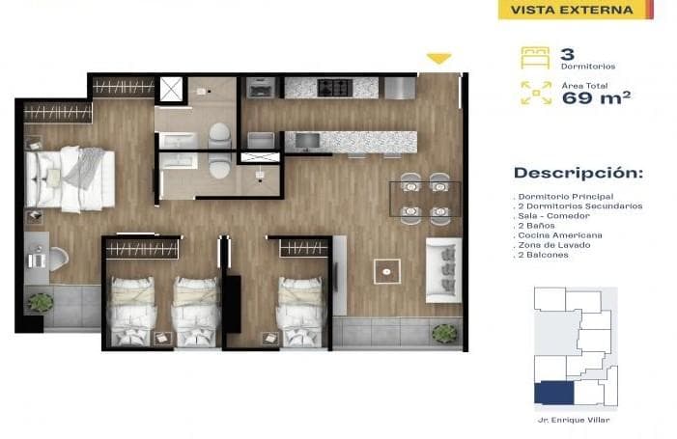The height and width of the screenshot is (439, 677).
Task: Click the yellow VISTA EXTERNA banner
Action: (573, 11)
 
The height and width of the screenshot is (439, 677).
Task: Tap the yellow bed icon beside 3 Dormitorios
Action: (534, 56)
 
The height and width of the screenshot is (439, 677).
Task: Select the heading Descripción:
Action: (578, 174)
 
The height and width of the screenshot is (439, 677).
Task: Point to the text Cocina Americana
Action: (560, 235)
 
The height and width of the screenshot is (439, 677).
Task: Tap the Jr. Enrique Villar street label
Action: (576, 420)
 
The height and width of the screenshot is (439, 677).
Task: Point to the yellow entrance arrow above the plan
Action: (438, 60)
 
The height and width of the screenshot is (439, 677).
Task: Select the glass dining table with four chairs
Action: (425, 198)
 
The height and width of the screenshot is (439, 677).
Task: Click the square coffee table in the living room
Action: (387, 271)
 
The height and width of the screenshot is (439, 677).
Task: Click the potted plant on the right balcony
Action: (443, 333)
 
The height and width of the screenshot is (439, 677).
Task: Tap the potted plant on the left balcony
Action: (41, 302)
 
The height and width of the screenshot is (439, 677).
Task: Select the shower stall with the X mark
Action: (171, 89)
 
